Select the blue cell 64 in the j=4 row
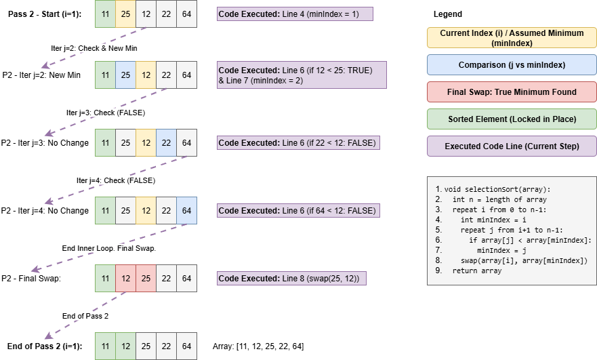(x=186, y=210)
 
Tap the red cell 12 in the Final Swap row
(x=125, y=278)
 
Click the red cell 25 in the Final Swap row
(x=146, y=278)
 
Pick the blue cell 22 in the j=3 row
(x=166, y=142)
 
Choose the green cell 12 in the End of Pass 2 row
(x=125, y=346)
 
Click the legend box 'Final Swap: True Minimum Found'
(x=512, y=92)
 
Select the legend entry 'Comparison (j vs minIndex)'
(x=512, y=65)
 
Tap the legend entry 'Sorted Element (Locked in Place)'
(x=512, y=119)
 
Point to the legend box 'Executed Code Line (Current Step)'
(x=512, y=146)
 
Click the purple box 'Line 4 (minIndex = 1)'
(x=295, y=14)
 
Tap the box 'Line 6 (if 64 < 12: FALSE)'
(x=298, y=211)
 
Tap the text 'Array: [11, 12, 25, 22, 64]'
(x=258, y=346)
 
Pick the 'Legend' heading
(x=447, y=14)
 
